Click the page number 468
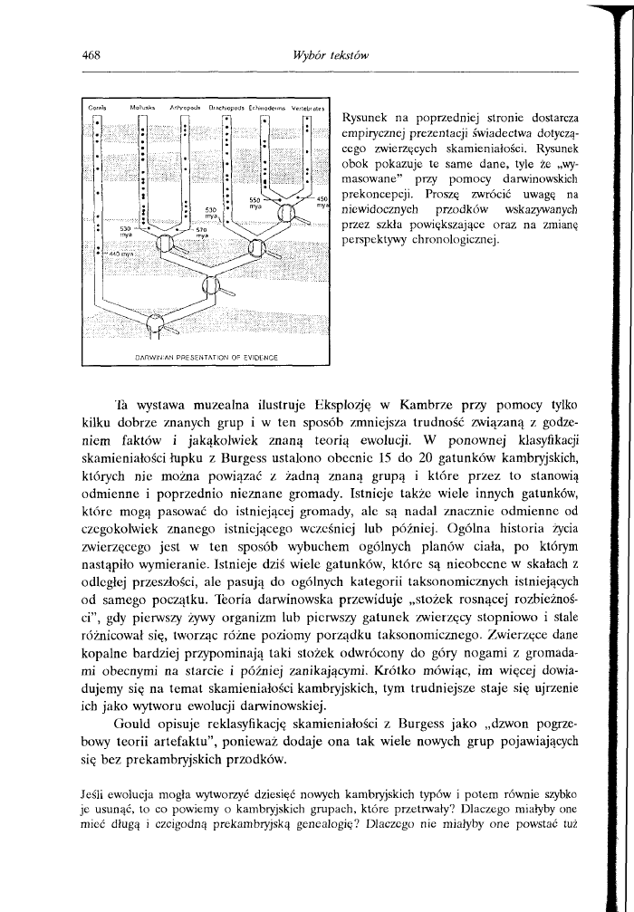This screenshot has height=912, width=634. [89, 55]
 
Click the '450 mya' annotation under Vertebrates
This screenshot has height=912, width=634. [321, 202]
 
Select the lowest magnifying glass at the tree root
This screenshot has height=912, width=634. [157, 322]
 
